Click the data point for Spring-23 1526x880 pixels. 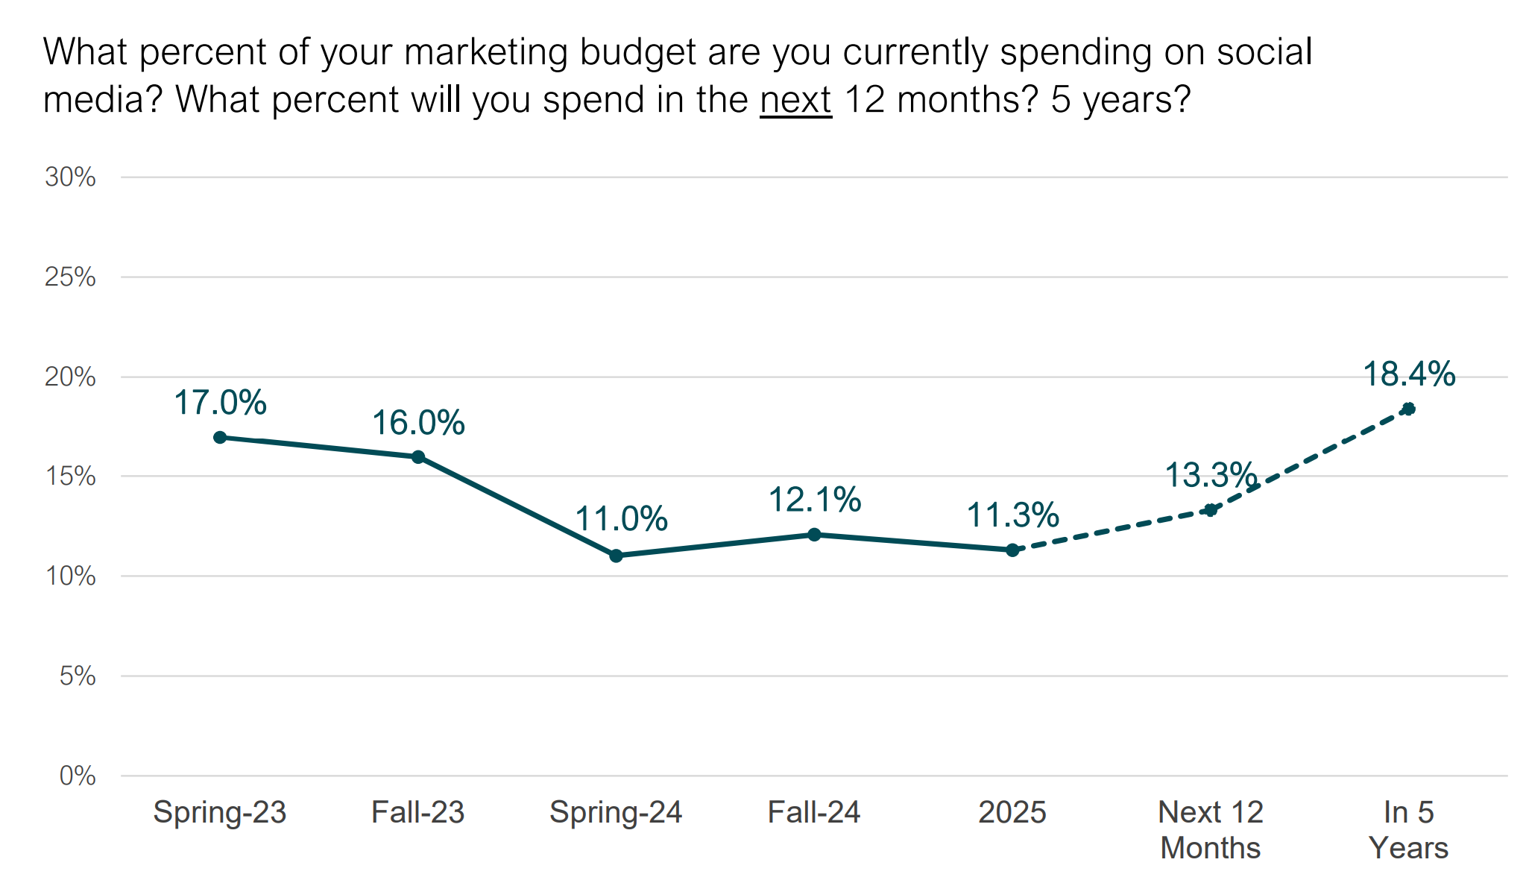220,437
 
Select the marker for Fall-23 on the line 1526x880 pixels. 418,456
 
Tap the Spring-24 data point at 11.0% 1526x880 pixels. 616,556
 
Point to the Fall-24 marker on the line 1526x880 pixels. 814,535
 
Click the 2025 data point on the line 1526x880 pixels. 1012,550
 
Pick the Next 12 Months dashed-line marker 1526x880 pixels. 1211,510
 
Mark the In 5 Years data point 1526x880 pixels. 1408,409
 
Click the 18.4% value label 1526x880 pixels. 1408,374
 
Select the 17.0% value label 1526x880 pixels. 220,403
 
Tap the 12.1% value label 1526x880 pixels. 814,500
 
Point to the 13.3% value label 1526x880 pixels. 1211,474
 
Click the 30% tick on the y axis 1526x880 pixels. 71,177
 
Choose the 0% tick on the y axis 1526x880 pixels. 78,776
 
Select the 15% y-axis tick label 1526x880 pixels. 71,477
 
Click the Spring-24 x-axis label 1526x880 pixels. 616,812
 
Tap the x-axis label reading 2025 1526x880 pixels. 1012,812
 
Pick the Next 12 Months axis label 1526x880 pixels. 1211,829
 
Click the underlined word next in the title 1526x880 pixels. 795,99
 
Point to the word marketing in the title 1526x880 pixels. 486,52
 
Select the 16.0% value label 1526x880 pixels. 418,423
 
